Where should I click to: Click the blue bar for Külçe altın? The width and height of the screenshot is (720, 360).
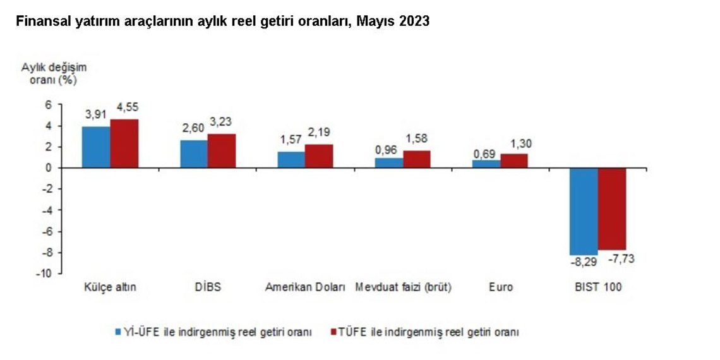[x=96, y=147]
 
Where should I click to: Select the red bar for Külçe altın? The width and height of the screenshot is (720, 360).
[x=124, y=143]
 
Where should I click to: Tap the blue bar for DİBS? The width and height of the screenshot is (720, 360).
[x=193, y=154]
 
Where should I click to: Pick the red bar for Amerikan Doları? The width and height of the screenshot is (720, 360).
[x=319, y=156]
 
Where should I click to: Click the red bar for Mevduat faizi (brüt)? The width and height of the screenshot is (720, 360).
[x=417, y=159]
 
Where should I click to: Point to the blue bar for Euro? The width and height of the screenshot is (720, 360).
[x=486, y=164]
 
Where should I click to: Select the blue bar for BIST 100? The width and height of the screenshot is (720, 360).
[x=583, y=211]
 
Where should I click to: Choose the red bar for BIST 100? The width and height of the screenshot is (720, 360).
[x=611, y=208]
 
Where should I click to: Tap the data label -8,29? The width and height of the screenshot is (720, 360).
[x=584, y=260]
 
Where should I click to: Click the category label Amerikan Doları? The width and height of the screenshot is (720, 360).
[x=304, y=287]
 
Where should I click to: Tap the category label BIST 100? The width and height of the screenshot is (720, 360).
[x=597, y=287]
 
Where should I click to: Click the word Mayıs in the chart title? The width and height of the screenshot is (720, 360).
[x=377, y=21]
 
